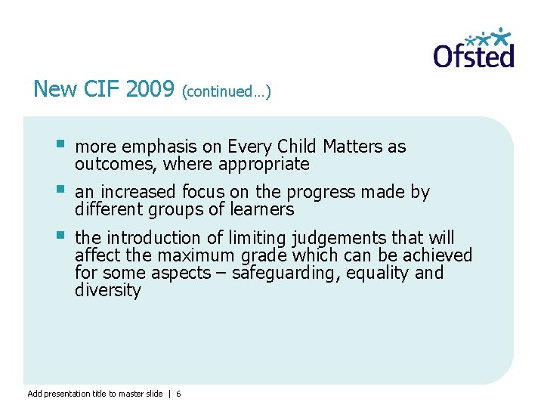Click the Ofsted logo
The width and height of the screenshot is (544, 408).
coord(474,49)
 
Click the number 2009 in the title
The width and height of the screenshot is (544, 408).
coord(150,89)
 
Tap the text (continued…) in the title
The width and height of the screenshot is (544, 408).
coord(227,91)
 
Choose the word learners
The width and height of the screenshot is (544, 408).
coord(260,209)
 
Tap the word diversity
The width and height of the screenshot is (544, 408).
coord(108,290)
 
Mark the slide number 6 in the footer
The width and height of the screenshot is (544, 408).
coord(178,394)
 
